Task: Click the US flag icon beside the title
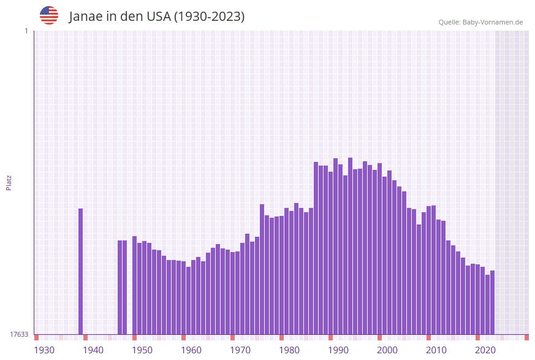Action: (49, 15)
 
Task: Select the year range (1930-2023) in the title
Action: (209, 17)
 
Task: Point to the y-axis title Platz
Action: (9, 182)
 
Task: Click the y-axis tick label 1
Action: (26, 31)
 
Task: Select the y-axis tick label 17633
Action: (19, 334)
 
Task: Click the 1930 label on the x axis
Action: (44, 350)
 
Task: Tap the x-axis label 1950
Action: (142, 350)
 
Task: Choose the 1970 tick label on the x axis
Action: (240, 350)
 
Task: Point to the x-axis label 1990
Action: (338, 350)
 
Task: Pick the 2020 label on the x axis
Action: (485, 350)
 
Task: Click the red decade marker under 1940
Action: (85, 337)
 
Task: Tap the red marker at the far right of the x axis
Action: (526, 337)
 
